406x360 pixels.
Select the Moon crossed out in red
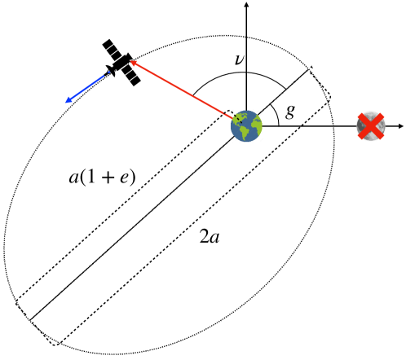pos(372,126)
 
